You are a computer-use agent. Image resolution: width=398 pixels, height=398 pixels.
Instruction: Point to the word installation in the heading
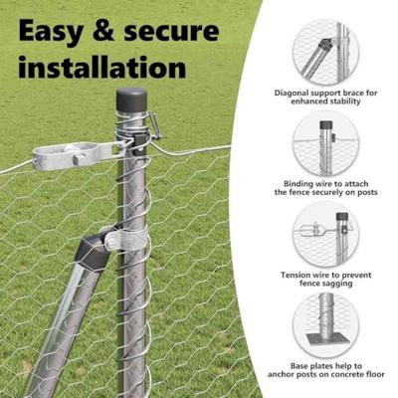coord(102,67)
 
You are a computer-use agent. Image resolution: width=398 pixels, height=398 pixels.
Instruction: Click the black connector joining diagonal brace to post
coord(93,250)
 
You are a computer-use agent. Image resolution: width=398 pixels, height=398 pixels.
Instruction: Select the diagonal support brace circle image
coord(326,52)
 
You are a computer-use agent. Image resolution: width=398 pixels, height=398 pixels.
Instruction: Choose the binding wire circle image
coord(326,141)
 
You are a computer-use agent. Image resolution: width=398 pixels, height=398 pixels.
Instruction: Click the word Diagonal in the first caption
coord(293,93)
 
